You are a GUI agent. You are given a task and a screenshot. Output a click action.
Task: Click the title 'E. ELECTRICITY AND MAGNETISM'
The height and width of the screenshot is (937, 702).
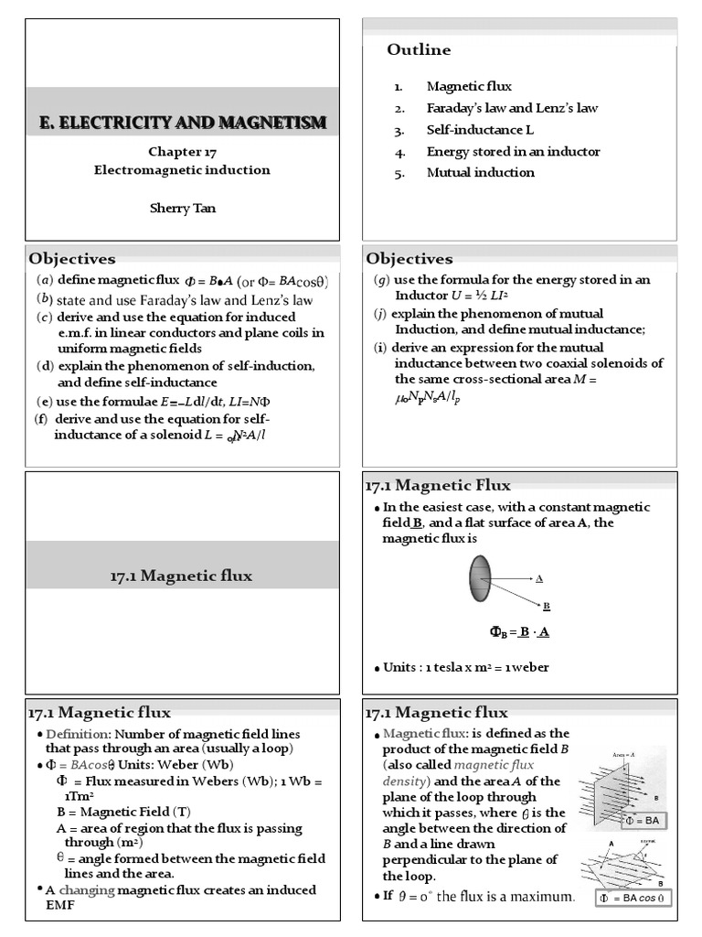[x=182, y=123]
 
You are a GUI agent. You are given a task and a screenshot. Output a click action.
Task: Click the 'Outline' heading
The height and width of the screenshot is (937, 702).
[x=419, y=49]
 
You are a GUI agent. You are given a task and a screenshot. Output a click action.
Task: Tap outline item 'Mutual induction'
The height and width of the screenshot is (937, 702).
[x=480, y=172]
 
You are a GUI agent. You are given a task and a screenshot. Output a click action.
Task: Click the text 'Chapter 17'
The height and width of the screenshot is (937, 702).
[x=182, y=153]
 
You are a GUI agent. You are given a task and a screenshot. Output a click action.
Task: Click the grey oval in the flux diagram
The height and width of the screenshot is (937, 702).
[x=480, y=579]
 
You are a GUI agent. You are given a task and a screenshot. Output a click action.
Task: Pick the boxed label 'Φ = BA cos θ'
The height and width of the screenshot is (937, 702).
[x=634, y=898]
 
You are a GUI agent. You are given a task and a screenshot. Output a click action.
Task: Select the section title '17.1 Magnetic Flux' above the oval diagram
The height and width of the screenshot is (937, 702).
[x=438, y=485]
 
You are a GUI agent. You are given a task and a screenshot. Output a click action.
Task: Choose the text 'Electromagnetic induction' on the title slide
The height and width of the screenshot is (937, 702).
[x=182, y=170]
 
